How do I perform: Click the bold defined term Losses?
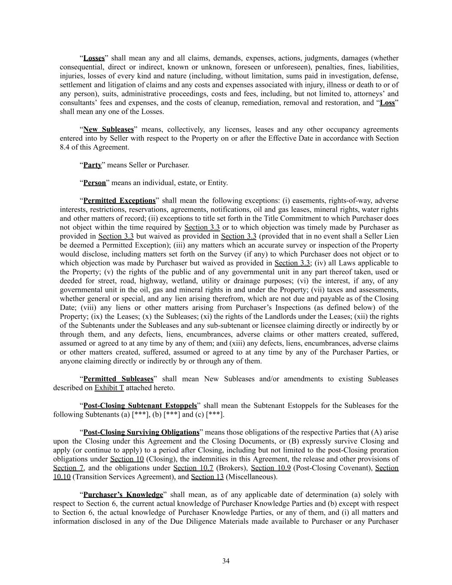coord(94,58)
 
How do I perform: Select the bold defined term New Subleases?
coord(108,129)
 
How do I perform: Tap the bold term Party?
coord(93,165)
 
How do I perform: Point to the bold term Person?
coord(94,183)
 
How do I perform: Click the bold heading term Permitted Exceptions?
coord(119,201)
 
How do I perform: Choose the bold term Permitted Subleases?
coord(118,379)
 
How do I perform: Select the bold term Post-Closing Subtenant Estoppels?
coord(140,405)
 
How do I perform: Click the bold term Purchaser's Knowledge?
coord(123,495)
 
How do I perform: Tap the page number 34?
coord(226,561)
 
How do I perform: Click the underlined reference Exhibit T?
coord(109,388)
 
